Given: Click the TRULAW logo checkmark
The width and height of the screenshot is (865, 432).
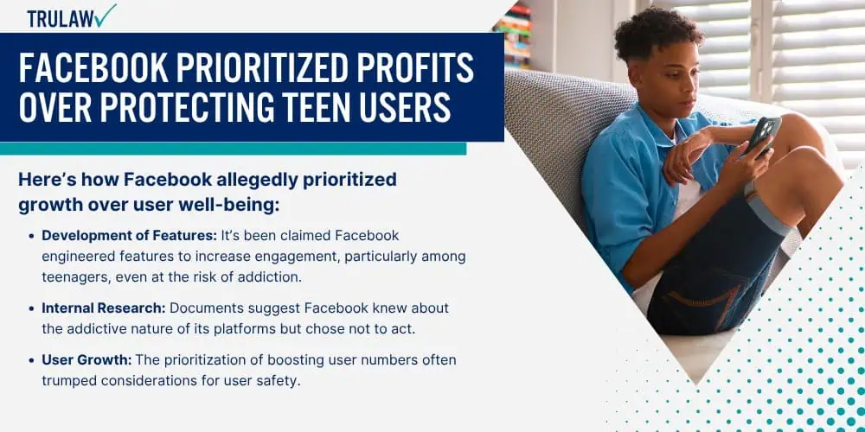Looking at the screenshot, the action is pyautogui.click(x=105, y=16).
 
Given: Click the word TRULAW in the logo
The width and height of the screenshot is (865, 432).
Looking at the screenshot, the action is pyautogui.click(x=61, y=19).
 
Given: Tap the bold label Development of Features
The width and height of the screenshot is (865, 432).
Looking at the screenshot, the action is pyautogui.click(x=129, y=236).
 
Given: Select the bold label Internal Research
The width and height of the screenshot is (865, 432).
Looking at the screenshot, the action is pyautogui.click(x=103, y=308).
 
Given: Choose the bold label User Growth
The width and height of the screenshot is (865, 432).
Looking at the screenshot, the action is pyautogui.click(x=86, y=360).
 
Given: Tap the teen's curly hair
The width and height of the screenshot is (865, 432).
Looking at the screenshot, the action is pyautogui.click(x=660, y=32).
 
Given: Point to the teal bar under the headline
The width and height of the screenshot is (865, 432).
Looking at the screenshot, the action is pyautogui.click(x=233, y=149).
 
